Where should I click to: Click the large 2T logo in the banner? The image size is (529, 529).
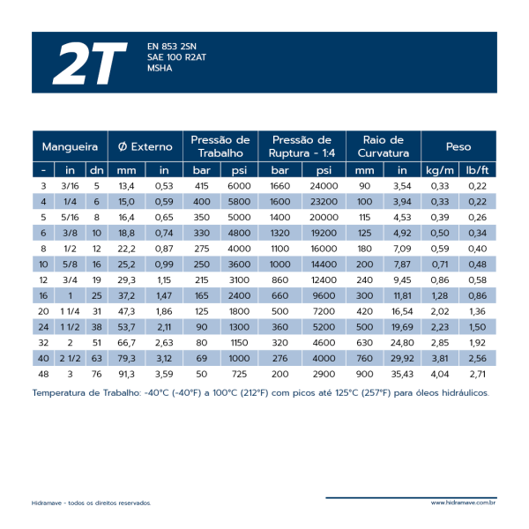[x=90, y=63]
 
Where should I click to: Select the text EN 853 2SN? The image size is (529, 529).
[x=172, y=46]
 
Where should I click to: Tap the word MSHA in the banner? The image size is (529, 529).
[x=160, y=68]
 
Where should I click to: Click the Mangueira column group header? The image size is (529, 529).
[x=70, y=146]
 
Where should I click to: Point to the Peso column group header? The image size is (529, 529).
[x=458, y=146]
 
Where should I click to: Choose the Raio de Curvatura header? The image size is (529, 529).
[x=384, y=146]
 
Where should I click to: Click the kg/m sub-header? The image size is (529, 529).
[x=440, y=170]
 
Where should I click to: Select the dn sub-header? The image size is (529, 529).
[x=96, y=170]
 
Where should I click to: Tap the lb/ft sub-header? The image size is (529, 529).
[x=477, y=170]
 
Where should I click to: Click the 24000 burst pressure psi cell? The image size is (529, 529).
[x=324, y=186]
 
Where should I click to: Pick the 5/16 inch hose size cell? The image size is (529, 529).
[x=70, y=217]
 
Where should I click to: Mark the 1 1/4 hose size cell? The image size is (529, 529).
[x=70, y=311]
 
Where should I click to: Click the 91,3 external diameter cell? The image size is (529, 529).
[x=126, y=374]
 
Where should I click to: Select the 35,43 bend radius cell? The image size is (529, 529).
[x=402, y=374]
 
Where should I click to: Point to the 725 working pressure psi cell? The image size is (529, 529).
[x=239, y=374]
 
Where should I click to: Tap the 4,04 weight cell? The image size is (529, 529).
[x=440, y=374]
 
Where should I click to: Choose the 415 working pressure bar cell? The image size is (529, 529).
[x=201, y=186]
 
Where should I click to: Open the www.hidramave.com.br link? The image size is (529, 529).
[x=463, y=503]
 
